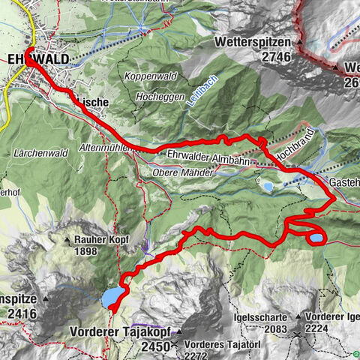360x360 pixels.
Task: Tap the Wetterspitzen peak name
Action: [x=253, y=43]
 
